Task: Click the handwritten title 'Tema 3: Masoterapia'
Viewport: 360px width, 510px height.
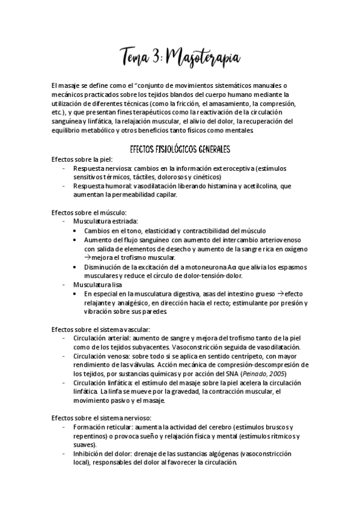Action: (x=180, y=58)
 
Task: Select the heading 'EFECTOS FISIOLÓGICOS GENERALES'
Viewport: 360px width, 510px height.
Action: (x=181, y=148)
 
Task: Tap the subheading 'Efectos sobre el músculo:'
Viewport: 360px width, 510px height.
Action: (x=89, y=212)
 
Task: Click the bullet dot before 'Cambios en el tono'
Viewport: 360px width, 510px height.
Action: (x=74, y=230)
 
